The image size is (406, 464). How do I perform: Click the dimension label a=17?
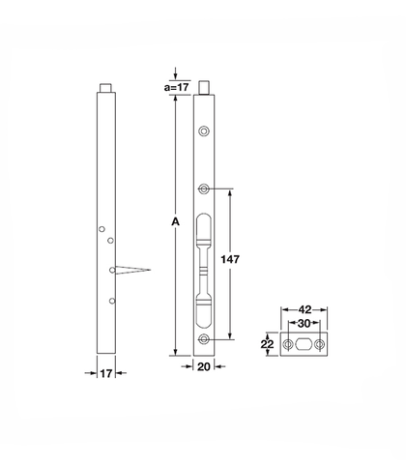tap(176, 87)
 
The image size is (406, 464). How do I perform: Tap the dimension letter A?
tap(175, 221)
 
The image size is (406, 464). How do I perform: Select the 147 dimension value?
tap(230, 259)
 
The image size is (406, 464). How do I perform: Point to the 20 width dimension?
tap(204, 366)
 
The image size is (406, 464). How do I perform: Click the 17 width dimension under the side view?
tap(106, 373)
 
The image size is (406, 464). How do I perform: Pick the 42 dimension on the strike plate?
tap(304, 309)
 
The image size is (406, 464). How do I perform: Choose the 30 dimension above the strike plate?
tap(304, 324)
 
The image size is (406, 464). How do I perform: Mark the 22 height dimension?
tap(267, 344)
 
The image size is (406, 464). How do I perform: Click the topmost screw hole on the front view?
tap(204, 131)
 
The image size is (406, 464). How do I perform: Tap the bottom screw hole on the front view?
tap(203, 339)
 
